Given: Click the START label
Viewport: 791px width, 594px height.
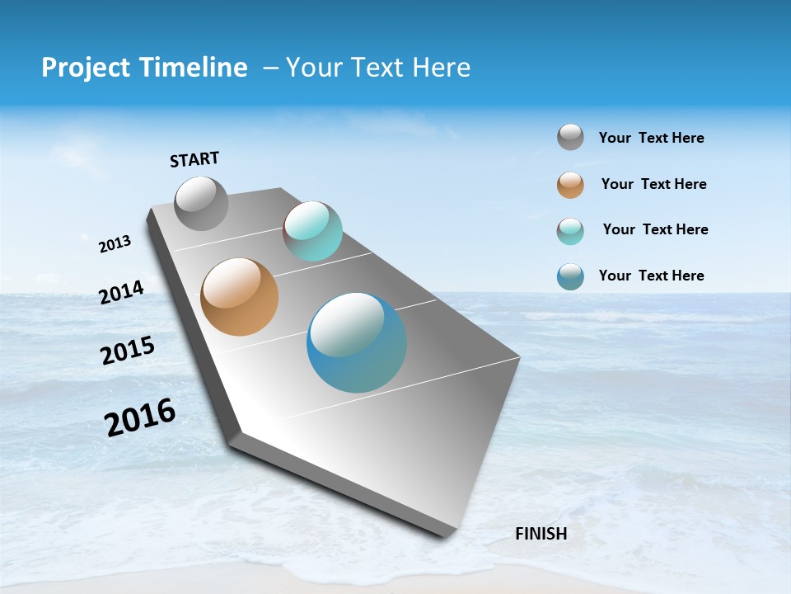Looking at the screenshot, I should point(194,159).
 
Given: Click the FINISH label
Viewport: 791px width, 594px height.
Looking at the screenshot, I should point(541,534).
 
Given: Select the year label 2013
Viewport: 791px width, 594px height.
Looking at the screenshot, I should point(115,244).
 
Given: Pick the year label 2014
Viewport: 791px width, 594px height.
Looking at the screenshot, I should point(121,292).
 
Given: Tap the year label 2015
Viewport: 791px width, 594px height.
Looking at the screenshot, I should point(128,351).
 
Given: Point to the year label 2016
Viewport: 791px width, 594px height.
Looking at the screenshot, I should point(140,417).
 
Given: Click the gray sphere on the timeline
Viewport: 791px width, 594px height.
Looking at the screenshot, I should point(201,203).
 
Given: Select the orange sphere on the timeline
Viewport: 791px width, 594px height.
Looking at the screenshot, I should point(239,297).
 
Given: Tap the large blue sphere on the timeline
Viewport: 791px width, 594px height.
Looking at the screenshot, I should point(357,342).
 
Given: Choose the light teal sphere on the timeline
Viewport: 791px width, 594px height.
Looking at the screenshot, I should point(312,231).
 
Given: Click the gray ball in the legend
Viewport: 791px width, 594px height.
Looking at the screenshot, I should point(570,138).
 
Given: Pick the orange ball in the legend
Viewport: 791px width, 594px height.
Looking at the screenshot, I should point(570,185).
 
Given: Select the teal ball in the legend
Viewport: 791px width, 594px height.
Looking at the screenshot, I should point(570,231).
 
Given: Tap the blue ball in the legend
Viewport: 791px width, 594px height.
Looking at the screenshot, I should point(570,276).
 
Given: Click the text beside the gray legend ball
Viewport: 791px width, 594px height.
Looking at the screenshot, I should point(651,138).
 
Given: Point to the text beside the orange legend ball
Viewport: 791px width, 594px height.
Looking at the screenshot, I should point(653,184).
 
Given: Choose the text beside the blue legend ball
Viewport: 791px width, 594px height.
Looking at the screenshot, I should point(651,276).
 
